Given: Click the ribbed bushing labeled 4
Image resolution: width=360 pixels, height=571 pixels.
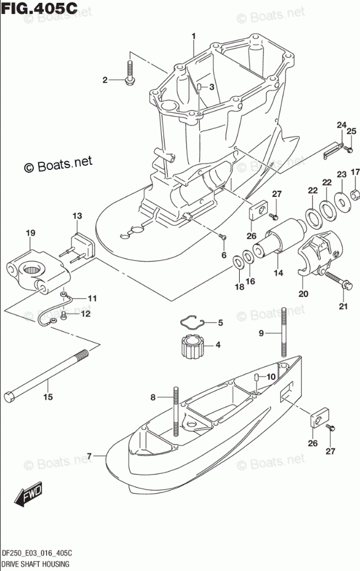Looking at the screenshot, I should tap(190, 346).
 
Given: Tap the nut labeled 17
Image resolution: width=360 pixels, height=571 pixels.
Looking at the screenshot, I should tap(356, 191).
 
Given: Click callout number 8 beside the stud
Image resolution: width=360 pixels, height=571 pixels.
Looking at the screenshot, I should tap(153, 397).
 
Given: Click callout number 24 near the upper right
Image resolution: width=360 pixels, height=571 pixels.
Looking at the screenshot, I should tap(342, 125).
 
